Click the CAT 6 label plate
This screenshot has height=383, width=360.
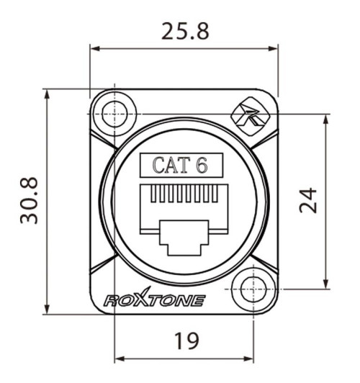181,165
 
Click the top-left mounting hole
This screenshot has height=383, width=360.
114,114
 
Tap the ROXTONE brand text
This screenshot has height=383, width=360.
154,300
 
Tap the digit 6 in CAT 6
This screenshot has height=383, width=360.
202,165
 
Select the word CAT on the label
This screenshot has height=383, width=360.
171,165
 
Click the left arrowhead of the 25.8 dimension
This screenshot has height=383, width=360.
94,49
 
